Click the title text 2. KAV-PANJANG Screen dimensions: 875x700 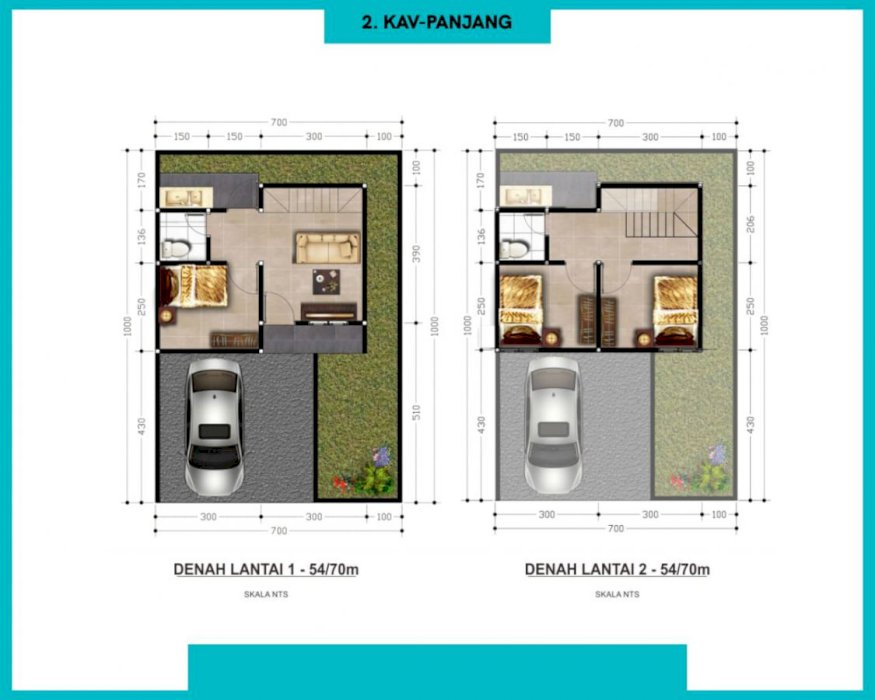(x=437, y=22)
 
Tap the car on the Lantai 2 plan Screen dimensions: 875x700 (x=553, y=426)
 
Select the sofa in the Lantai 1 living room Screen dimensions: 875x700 (x=328, y=248)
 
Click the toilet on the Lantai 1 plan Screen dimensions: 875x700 (x=176, y=248)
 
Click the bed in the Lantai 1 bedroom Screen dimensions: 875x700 (x=194, y=286)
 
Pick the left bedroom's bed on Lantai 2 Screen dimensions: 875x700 (x=521, y=309)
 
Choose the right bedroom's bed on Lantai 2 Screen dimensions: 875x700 (x=675, y=309)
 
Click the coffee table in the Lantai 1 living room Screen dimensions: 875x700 (x=326, y=281)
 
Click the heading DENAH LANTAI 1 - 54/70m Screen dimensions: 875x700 (x=266, y=569)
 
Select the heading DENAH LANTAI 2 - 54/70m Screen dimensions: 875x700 (x=617, y=569)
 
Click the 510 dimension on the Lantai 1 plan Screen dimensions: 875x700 (x=416, y=413)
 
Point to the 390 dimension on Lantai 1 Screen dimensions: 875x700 (x=416, y=254)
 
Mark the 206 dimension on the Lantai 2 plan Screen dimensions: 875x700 (x=751, y=224)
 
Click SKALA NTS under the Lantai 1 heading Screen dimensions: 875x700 (x=266, y=594)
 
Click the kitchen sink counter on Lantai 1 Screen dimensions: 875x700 (x=186, y=197)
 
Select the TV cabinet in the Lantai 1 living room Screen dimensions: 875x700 (x=329, y=313)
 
